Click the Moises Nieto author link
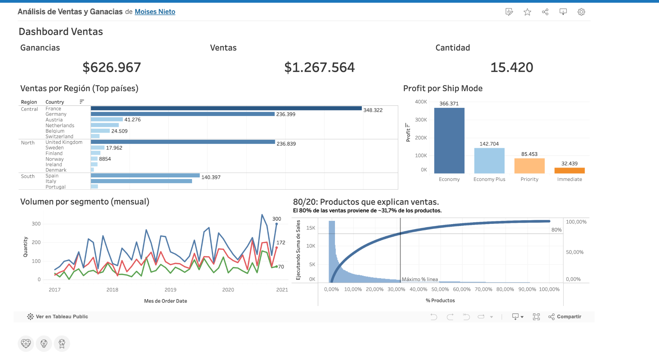point(155,12)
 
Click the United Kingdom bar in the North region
point(183,142)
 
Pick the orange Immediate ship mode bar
point(569,171)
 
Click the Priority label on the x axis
point(529,179)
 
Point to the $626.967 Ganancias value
point(112,67)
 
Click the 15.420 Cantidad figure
point(512,67)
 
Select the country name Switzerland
point(59,137)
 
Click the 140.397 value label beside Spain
point(211,177)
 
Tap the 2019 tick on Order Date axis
point(170,290)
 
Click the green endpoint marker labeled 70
point(276,267)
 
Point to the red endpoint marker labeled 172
point(276,248)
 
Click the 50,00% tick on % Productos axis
point(440,289)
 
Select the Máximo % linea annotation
point(420,279)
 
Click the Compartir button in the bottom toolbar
point(565,317)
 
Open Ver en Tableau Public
point(58,317)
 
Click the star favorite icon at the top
point(527,12)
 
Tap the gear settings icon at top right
point(581,12)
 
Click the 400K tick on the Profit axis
point(421,102)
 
